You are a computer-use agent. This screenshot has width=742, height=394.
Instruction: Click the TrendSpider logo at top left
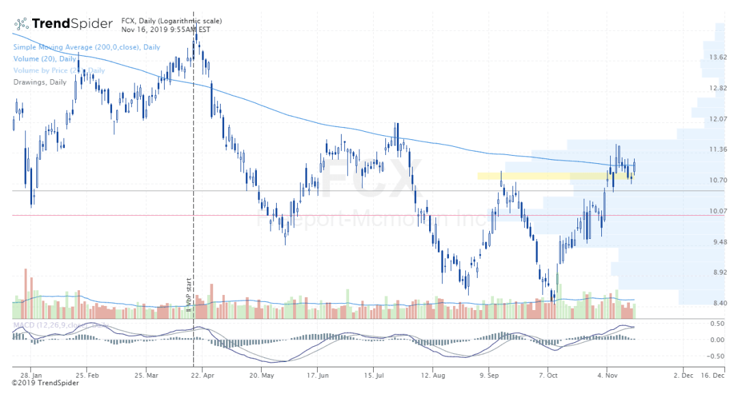coord(62,24)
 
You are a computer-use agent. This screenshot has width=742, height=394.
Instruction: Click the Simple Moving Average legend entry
coord(86,47)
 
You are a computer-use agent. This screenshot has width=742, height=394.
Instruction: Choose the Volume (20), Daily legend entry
coord(44,59)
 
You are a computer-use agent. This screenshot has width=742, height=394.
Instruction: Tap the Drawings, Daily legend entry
coord(40,82)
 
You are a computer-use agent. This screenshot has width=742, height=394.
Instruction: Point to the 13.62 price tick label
coord(718,57)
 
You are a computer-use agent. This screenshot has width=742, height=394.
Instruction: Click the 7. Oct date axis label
coord(548,376)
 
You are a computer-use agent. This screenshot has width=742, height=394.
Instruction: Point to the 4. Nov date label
coord(607,376)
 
